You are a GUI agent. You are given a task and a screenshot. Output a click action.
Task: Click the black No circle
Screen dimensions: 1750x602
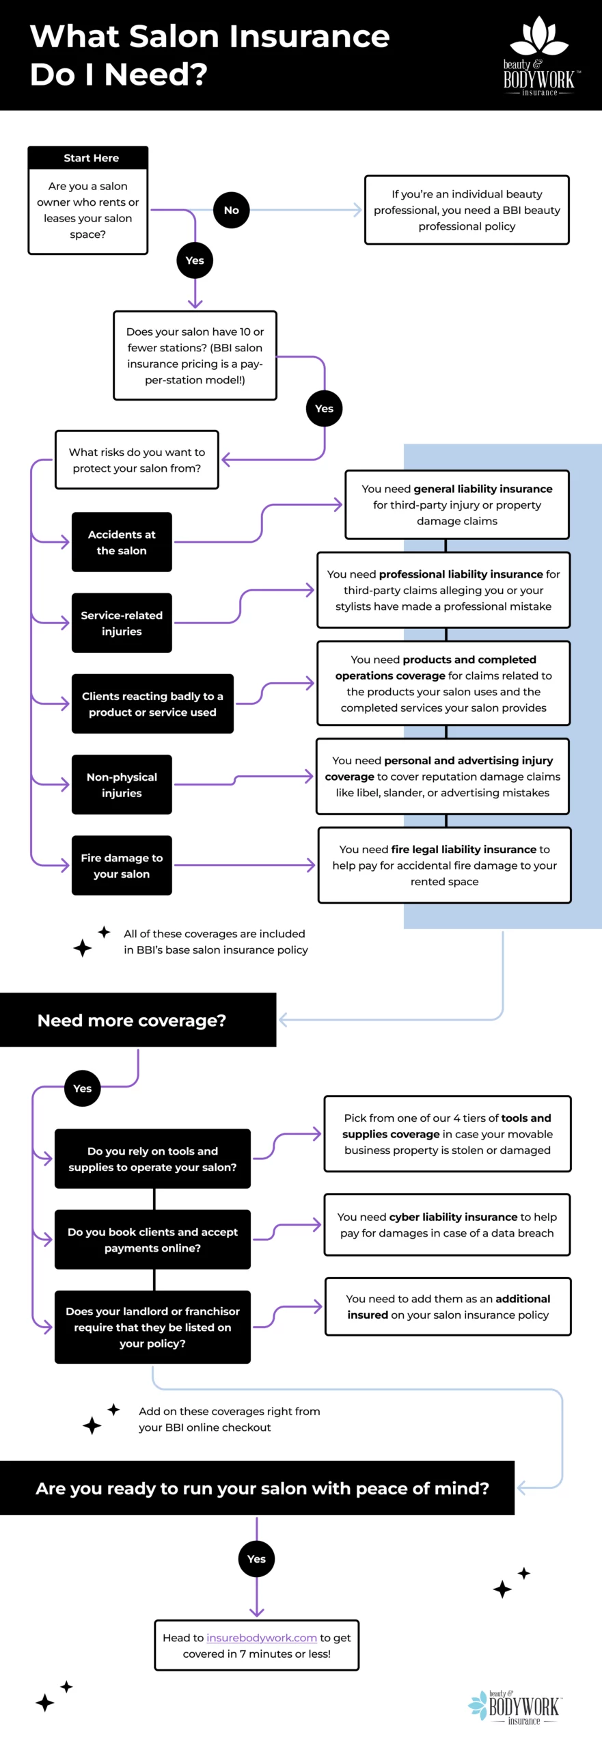232,210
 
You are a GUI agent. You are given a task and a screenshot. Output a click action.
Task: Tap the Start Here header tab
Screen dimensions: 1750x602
88,158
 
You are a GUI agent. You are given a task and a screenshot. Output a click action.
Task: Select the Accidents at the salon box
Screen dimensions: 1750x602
122,542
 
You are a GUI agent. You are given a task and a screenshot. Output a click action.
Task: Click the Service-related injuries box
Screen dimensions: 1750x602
122,623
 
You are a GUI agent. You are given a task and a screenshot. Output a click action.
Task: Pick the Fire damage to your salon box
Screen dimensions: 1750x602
122,865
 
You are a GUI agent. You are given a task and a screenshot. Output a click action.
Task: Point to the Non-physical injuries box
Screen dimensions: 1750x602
122,785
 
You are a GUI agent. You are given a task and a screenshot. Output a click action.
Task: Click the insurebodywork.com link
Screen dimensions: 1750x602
262,1637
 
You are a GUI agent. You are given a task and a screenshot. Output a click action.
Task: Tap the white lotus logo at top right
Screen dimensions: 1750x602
539,38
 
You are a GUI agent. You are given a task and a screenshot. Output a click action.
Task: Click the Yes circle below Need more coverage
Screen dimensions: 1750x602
83,1088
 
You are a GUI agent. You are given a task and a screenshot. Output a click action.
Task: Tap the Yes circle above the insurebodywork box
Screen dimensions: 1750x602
256,1559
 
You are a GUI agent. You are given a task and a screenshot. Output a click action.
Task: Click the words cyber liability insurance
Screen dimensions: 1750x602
453,1217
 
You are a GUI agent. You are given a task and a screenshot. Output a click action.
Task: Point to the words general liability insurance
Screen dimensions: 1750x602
482,489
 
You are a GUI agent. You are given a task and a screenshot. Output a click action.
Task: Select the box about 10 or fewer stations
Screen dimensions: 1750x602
195,355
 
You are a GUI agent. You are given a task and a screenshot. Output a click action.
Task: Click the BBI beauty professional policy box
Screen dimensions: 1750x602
467,210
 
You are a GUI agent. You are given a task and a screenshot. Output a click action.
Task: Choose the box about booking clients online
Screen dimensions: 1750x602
152,1239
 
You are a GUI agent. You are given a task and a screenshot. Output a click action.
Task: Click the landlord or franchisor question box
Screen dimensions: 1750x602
152,1327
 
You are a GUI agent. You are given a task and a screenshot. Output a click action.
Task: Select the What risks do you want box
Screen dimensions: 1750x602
137,460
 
